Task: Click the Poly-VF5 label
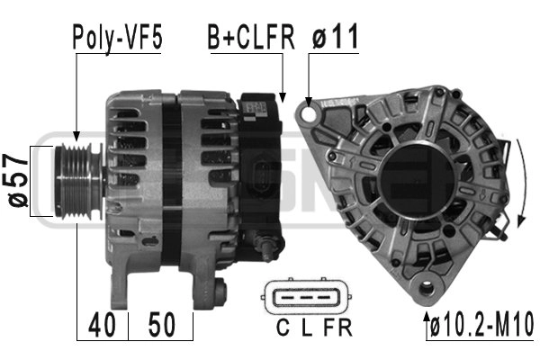point(117,38)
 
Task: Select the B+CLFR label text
point(251,37)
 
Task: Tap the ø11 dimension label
point(336,37)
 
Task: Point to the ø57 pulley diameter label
point(18,181)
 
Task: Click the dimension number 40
point(102,325)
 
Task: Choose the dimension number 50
point(162,325)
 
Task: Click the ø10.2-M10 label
point(482,325)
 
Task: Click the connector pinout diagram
point(306,297)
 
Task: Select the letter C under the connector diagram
point(283,328)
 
